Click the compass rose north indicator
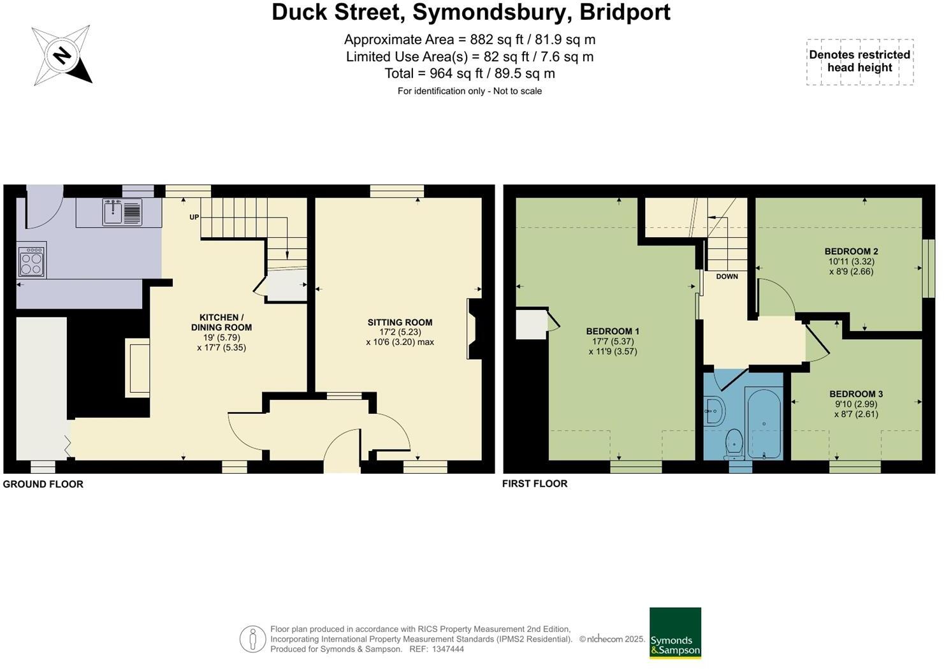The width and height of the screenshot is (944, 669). coord(62,55)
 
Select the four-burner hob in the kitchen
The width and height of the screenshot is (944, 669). coord(31,260)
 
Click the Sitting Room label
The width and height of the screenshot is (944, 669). coord(400,323)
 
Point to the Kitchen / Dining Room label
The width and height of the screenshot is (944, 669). coord(221,322)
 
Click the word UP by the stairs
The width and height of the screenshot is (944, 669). coord(194,217)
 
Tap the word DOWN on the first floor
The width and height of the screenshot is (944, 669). coord(727,277)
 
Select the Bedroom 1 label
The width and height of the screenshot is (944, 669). coord(612,332)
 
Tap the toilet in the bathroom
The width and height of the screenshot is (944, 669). coord(734,443)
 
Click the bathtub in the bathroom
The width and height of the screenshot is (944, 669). coord(764,423)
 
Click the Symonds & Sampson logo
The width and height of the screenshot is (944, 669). coord(675,633)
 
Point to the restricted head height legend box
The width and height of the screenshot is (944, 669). coord(859,62)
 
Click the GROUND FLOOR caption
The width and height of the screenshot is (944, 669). coord(43,484)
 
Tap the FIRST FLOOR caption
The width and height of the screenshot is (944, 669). coord(534,483)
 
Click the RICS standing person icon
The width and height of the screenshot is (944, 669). coord(252,638)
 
